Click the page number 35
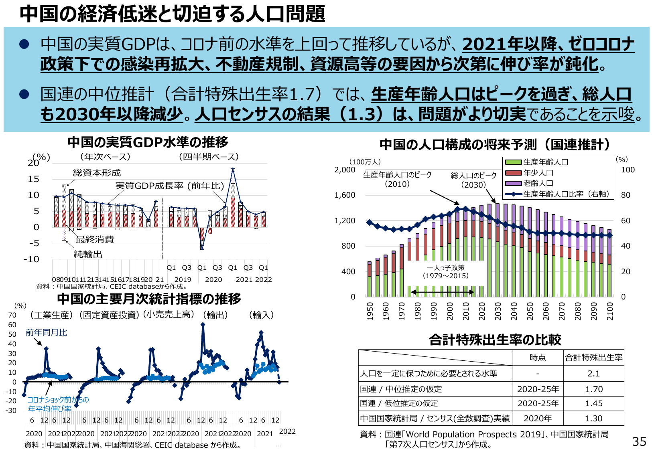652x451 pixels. (639, 441)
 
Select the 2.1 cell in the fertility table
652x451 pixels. (593, 374)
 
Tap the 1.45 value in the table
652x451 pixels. (593, 404)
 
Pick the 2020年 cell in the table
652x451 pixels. (538, 419)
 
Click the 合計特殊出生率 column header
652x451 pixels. (593, 357)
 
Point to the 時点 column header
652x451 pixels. (538, 357)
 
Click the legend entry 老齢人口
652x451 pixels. (538, 183)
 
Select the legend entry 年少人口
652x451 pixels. (538, 173)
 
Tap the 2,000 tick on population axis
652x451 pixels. (345, 170)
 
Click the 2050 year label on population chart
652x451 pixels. (530, 311)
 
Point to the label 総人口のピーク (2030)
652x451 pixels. (473, 180)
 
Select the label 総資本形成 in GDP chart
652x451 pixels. (97, 173)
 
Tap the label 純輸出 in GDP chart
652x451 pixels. (88, 254)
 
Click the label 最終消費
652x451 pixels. (95, 239)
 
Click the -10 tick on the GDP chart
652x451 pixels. (31, 259)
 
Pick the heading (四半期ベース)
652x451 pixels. (209, 157)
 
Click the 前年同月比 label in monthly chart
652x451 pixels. (47, 332)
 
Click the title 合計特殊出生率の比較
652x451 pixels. (495, 340)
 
